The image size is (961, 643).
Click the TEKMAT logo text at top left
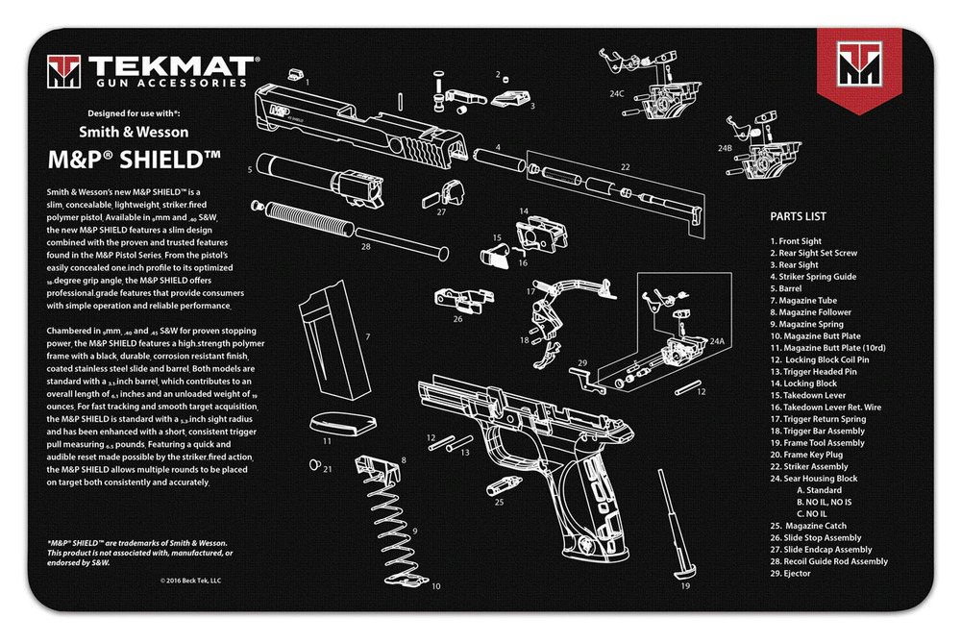pyautogui.click(x=171, y=66)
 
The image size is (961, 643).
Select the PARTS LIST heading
pyautogui.click(x=798, y=216)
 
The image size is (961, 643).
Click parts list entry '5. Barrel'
pyautogui.click(x=790, y=288)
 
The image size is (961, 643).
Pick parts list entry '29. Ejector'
pyautogui.click(x=790, y=574)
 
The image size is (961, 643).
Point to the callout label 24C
pyautogui.click(x=616, y=93)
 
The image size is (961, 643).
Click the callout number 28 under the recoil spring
pyautogui.click(x=365, y=246)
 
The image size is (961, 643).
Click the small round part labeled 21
pyautogui.click(x=313, y=465)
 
